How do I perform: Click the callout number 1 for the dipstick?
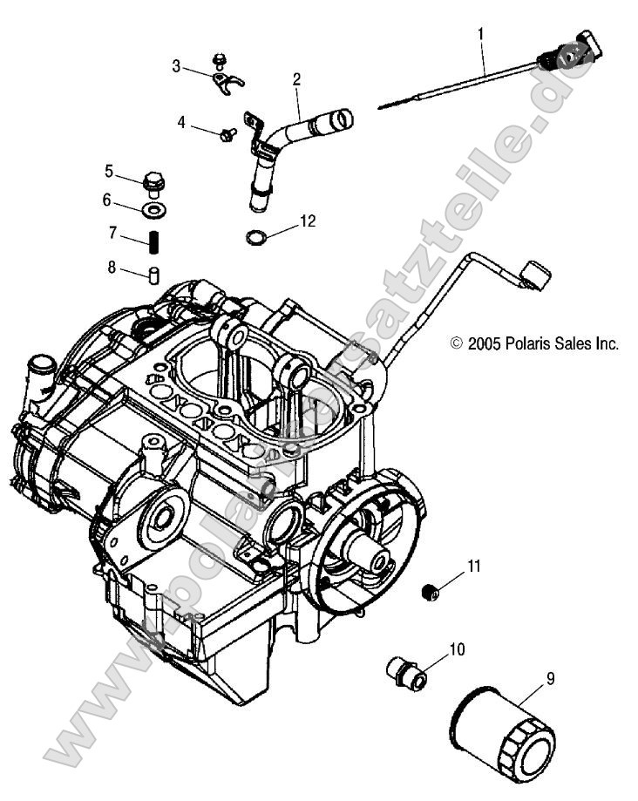coord(479,35)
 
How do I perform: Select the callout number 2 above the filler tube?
coord(296,79)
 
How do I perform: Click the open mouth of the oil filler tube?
coord(345,117)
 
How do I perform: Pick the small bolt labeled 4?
coord(229,133)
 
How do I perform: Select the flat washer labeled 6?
coord(154,211)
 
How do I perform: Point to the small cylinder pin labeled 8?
coord(154,275)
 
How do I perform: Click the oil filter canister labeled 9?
coord(501,733)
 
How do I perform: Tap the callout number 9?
coord(550,677)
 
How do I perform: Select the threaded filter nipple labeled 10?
coord(404,672)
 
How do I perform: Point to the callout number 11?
coord(472,567)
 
